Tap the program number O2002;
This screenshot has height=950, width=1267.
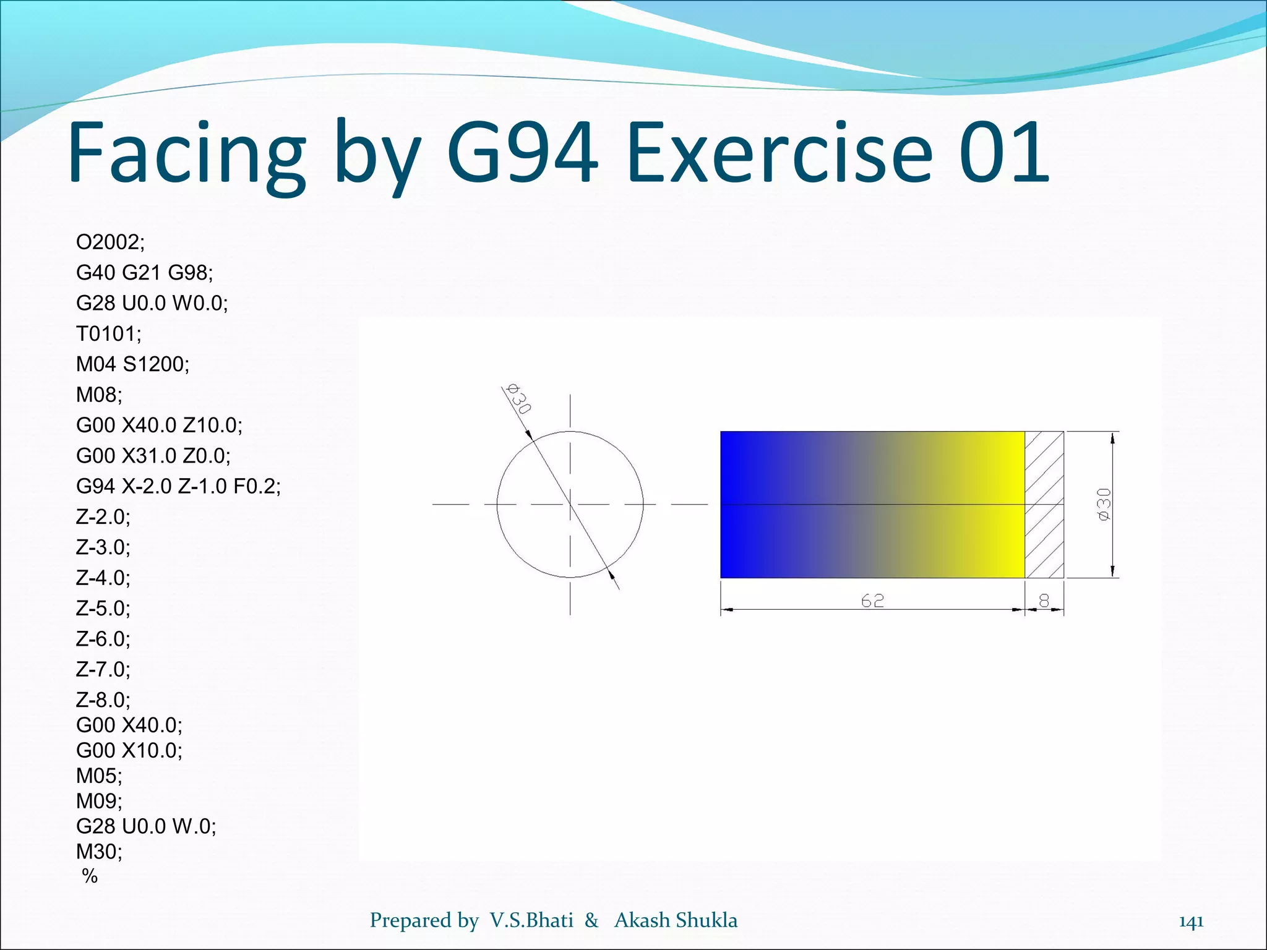[x=110, y=242]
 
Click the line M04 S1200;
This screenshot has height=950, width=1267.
[x=132, y=364]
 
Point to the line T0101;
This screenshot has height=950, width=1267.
[x=108, y=333]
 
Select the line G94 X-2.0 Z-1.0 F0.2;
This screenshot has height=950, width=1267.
[x=178, y=486]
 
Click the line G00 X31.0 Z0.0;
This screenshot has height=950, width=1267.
[x=153, y=456]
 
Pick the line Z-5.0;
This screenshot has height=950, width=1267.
[x=103, y=608]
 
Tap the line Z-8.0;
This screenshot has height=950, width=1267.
[x=103, y=700]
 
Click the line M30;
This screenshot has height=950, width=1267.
[x=99, y=851]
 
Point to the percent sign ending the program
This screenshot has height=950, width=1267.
[x=90, y=876]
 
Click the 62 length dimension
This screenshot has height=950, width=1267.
[x=872, y=601]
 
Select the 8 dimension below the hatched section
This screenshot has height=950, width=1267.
[x=1044, y=601]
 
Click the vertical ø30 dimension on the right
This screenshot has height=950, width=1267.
[x=1104, y=504]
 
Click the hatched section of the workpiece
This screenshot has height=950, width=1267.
[x=1044, y=504]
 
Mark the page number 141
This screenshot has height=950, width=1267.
[x=1191, y=922]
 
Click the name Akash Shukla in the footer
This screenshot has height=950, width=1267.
[x=676, y=920]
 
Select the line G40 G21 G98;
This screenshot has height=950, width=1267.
[x=144, y=272]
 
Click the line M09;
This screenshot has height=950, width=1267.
[x=99, y=801]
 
